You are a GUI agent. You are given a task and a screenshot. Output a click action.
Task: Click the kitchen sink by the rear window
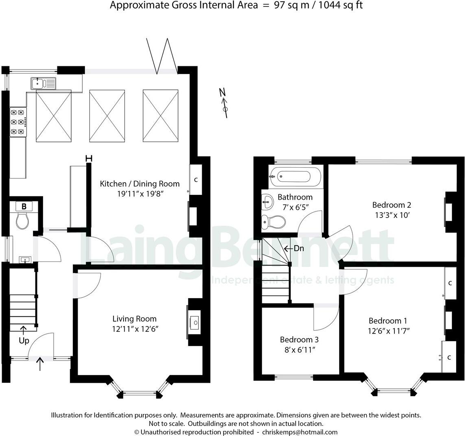point(43,84)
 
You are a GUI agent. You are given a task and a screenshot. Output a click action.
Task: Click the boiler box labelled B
point(24,207)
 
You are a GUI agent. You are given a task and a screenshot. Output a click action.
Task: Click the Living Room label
point(135,319)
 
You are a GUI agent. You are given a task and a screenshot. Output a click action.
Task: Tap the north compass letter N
point(222,92)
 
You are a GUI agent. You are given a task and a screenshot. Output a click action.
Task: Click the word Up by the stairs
point(24,340)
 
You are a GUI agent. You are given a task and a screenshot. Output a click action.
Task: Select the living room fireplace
point(194,323)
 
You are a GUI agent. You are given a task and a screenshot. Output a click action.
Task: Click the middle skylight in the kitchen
point(107,116)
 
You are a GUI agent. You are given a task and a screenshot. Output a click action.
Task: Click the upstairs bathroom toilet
point(273,221)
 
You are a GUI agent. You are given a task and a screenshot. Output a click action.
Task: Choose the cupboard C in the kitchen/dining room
point(196,180)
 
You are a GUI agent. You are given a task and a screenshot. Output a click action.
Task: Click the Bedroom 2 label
point(389,205)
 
